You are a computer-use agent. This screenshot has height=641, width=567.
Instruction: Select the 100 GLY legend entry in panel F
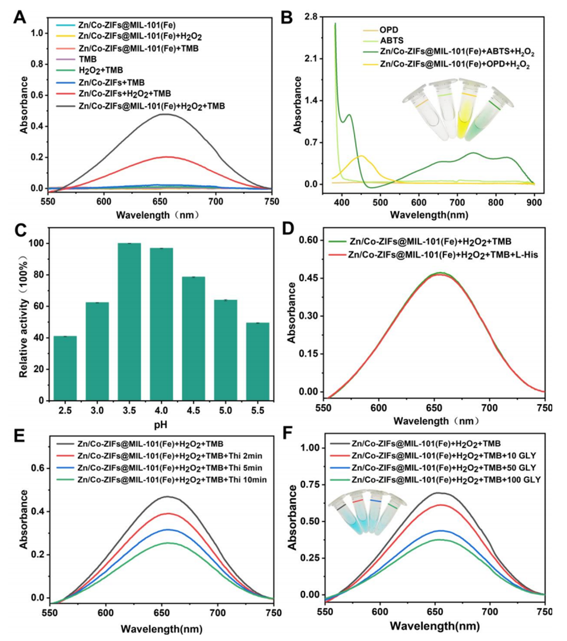(446, 478)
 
